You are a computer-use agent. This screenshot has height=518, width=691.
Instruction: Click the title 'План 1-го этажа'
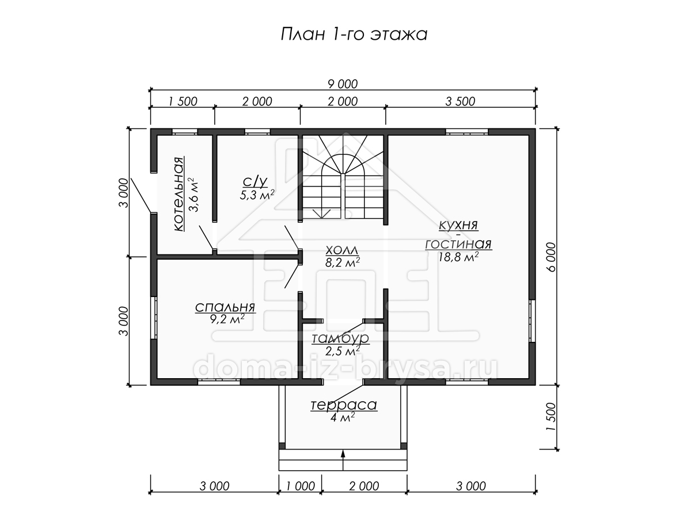pos(354,35)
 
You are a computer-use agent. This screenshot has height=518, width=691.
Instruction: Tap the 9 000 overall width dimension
pos(343,84)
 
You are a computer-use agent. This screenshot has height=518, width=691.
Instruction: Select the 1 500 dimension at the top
pos(183,102)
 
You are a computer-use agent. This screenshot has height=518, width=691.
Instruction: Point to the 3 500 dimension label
pos(460,102)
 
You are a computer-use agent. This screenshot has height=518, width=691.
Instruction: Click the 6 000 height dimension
pos(551,257)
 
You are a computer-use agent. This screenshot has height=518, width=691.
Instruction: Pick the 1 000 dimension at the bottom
pos(301,486)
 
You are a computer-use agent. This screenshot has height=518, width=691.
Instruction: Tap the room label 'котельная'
pos(179,194)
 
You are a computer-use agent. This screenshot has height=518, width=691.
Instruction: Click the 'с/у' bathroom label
pos(255,181)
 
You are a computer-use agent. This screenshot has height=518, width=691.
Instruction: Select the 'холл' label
pos(341,250)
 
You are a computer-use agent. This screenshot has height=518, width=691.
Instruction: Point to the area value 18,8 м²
pos(458,257)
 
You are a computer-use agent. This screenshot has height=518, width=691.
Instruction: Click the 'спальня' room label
pos(225,307)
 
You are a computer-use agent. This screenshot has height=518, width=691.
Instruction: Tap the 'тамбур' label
pos(340,338)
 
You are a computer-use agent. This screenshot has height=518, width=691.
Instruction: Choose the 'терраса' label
pos(344,405)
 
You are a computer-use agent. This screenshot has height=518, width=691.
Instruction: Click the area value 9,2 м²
pos(227,319)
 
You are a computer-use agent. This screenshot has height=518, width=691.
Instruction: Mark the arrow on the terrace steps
pos(343,460)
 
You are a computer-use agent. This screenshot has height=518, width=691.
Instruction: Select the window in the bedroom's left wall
pos(154,317)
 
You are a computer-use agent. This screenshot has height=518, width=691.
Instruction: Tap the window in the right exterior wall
pos(532,321)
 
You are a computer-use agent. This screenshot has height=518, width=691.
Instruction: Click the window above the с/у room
pos(257,132)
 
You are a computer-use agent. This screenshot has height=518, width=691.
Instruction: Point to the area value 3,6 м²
pos(193,195)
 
